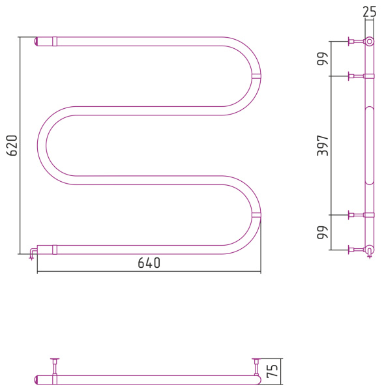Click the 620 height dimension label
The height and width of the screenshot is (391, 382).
tap(12, 145)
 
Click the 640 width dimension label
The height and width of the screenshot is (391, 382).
tap(149, 263)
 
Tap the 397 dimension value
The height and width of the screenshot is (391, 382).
tap(323, 145)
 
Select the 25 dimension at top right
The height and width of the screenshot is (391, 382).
tap(370, 12)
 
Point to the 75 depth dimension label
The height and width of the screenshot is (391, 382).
tap(272, 371)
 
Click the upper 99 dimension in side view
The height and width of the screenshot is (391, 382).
tap(323, 59)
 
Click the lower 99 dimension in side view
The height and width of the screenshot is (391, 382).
tap(323, 232)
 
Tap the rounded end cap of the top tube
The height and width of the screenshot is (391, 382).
tap(36, 42)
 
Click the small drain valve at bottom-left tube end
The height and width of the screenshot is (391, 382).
tap(33, 253)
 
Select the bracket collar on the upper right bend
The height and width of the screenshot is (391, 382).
tap(256, 76)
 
